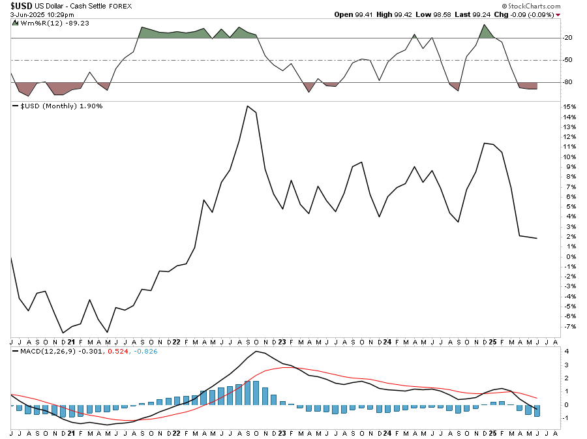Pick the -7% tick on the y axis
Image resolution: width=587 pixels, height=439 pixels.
(x=568, y=326)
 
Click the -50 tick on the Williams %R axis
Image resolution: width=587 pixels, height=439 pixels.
(x=567, y=60)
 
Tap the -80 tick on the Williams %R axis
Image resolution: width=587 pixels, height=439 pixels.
(x=567, y=82)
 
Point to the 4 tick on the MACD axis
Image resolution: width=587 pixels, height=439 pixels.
(x=567, y=352)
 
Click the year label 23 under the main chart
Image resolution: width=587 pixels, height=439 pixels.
(x=281, y=342)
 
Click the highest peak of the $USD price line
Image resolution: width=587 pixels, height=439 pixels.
(x=247, y=106)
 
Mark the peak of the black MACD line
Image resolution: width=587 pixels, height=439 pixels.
(x=256, y=352)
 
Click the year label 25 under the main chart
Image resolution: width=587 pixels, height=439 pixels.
(x=493, y=342)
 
